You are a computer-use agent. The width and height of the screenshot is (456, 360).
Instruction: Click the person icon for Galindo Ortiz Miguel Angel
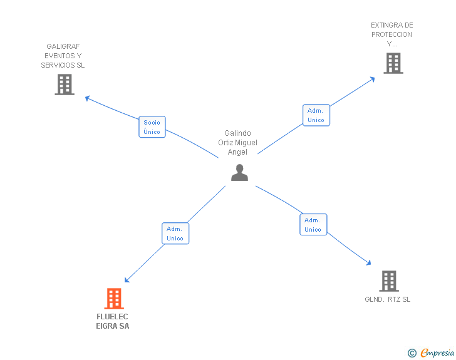pyautogui.click(x=239, y=173)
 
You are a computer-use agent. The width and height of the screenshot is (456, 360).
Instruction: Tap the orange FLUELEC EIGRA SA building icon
pyautogui.click(x=113, y=299)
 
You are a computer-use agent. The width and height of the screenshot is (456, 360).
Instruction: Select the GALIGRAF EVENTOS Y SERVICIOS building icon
pyautogui.click(x=64, y=85)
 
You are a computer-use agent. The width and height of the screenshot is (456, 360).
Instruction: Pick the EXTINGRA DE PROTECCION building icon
pyautogui.click(x=393, y=63)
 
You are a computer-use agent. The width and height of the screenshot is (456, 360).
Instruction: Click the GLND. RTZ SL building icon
pyautogui.click(x=388, y=281)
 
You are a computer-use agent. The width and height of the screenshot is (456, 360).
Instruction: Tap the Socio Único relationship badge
pyautogui.click(x=152, y=127)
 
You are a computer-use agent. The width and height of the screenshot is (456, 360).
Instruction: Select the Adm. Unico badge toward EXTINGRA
pyautogui.click(x=316, y=115)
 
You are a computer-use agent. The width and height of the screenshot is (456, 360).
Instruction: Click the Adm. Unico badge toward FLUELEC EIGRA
pyautogui.click(x=175, y=234)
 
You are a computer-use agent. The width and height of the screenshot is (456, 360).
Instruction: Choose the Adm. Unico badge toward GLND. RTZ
pyautogui.click(x=313, y=225)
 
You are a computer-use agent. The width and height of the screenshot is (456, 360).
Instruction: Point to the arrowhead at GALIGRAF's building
pyautogui.click(x=88, y=98)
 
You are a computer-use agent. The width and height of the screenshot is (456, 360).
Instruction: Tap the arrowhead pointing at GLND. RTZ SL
pyautogui.click(x=370, y=264)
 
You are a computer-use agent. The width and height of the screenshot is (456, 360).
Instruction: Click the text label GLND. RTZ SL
pyautogui.click(x=388, y=299)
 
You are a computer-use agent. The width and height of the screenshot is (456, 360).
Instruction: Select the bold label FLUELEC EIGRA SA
pyautogui.click(x=113, y=321)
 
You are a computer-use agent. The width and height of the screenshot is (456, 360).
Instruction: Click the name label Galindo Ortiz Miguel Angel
pyautogui.click(x=237, y=143)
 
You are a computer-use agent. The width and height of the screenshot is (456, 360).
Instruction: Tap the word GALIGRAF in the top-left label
pyautogui.click(x=63, y=46)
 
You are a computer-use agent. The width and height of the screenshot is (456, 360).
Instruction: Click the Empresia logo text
pyautogui.click(x=437, y=353)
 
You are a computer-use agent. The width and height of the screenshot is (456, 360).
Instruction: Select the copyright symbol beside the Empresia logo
pyautogui.click(x=412, y=354)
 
